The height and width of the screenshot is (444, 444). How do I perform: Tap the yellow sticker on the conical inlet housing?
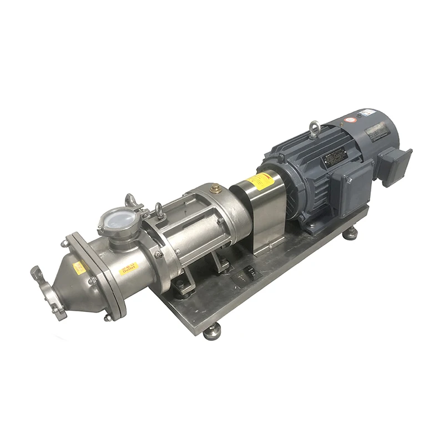click(x=79, y=269)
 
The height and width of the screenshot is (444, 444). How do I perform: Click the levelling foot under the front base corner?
click(x=212, y=332)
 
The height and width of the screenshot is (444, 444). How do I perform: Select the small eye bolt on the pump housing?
click(x=159, y=210)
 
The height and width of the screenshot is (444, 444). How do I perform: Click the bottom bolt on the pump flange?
click(x=107, y=317)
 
